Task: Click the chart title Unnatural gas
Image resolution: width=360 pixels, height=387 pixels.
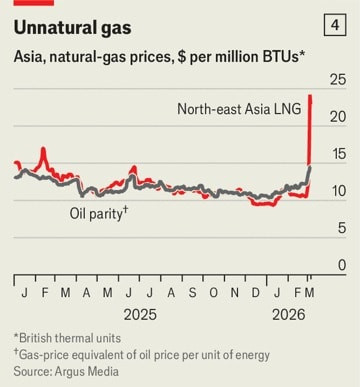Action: [72, 28]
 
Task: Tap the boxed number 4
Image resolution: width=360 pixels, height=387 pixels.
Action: [335, 25]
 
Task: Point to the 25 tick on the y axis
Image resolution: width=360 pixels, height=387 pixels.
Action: [338, 80]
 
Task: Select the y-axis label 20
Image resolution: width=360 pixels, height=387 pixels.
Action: [338, 117]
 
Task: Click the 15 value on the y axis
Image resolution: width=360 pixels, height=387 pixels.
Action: [339, 154]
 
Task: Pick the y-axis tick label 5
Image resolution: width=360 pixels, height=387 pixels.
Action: [342, 228]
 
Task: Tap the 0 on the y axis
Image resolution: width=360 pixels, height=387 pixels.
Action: [342, 265]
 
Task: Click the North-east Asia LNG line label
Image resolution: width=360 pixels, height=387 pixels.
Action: [239, 109]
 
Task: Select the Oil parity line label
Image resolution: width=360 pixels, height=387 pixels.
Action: [99, 213]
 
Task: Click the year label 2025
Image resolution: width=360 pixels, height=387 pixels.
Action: [140, 315]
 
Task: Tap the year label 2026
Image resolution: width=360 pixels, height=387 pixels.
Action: [289, 315]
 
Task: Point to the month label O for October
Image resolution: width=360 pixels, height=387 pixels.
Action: [213, 293]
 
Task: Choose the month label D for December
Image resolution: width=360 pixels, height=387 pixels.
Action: [256, 293]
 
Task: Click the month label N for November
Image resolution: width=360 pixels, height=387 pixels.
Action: [235, 293]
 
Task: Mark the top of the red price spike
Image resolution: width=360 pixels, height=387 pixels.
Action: [310, 96]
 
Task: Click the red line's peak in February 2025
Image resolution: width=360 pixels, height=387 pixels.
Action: [43, 148]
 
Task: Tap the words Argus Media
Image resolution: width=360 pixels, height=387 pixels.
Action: [87, 371]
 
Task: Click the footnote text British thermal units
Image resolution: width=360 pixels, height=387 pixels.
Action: [70, 338]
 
